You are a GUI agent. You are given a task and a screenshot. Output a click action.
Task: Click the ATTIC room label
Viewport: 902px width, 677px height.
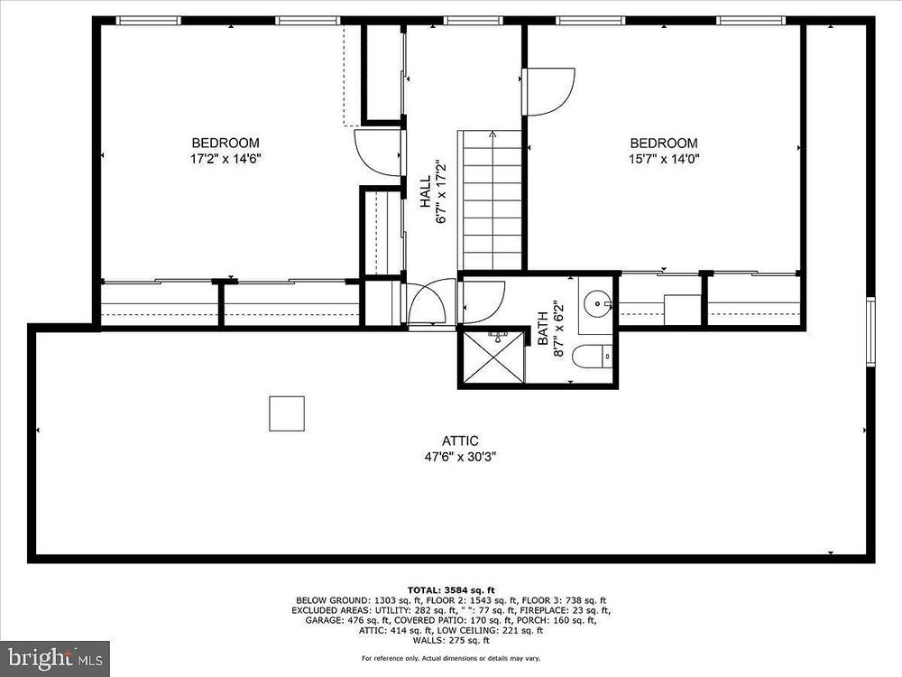tap(460, 441)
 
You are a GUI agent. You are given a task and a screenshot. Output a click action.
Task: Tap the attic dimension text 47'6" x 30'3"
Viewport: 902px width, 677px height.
tap(460, 457)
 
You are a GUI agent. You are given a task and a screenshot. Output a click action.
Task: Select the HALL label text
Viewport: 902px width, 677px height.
tap(425, 191)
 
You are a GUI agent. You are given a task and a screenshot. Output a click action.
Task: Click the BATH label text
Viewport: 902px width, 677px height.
tap(542, 329)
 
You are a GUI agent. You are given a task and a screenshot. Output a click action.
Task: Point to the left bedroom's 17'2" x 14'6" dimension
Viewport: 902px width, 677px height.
tap(225, 158)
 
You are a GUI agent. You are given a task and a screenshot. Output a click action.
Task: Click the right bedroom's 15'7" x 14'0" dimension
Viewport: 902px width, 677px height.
tap(664, 158)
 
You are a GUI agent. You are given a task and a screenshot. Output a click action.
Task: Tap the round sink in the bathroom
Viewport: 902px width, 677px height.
tap(597, 301)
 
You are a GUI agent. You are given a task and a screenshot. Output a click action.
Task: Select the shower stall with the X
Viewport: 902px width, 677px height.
tap(494, 357)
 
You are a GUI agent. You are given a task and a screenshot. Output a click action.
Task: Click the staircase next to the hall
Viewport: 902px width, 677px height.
tap(490, 199)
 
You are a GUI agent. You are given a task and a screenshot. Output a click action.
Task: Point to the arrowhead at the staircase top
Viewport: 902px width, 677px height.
tap(493, 134)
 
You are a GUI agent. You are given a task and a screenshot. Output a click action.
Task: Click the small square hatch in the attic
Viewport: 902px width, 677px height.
tap(287, 413)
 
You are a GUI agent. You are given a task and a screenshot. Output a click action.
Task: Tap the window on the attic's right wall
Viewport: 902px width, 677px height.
tap(871, 331)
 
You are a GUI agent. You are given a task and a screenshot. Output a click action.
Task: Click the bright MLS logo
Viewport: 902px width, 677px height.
tap(55, 656)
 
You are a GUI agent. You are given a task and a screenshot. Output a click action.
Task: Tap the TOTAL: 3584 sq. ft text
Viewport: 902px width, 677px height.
tap(451, 590)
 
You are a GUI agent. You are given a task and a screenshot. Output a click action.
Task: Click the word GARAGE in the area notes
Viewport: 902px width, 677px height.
tap(323, 620)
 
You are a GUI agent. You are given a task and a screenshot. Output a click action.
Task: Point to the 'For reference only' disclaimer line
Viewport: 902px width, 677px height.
tap(451, 658)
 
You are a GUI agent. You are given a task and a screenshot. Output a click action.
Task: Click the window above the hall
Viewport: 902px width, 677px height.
tap(474, 21)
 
